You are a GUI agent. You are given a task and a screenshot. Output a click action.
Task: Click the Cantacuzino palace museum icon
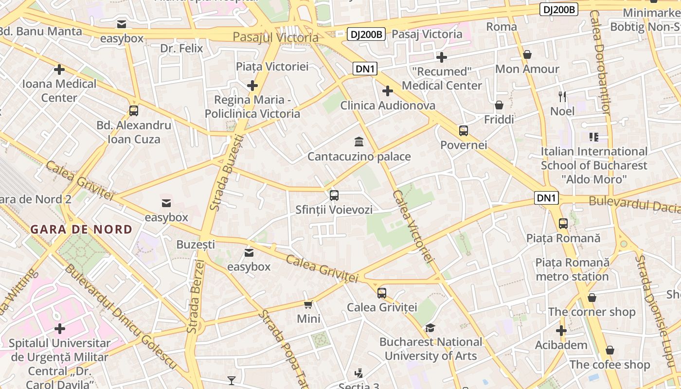[x=359, y=142]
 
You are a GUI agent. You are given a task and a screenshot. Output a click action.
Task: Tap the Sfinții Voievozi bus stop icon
[x=334, y=195]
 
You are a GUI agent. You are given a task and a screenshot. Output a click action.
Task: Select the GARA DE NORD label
[x=81, y=229]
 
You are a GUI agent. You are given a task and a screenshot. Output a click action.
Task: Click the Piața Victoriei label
[x=272, y=66]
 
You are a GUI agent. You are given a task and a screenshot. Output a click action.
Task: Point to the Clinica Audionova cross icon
[x=387, y=91]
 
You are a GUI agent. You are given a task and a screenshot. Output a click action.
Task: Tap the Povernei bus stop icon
[x=463, y=130]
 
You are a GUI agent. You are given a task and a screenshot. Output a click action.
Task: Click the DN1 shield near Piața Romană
[x=546, y=198]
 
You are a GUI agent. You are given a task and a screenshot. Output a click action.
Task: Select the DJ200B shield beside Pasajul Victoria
[x=366, y=34]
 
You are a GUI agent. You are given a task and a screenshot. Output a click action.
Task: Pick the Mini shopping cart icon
[x=308, y=304]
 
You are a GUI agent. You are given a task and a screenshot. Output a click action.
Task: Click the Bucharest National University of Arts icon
[x=430, y=328]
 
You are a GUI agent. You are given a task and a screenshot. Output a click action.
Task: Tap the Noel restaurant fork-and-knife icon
[x=562, y=97]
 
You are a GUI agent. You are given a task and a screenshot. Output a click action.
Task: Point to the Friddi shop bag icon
[x=499, y=105]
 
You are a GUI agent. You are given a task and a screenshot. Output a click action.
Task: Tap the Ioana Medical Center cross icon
[x=59, y=70]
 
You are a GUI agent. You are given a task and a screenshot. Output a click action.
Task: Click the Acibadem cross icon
[x=561, y=331]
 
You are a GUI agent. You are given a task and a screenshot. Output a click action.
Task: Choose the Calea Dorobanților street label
[x=600, y=63]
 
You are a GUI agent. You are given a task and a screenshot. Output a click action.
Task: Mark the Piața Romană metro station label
[x=572, y=269]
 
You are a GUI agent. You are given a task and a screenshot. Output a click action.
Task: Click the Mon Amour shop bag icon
[x=527, y=54]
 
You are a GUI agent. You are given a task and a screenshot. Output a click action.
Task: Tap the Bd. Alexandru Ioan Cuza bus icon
[x=134, y=110]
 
